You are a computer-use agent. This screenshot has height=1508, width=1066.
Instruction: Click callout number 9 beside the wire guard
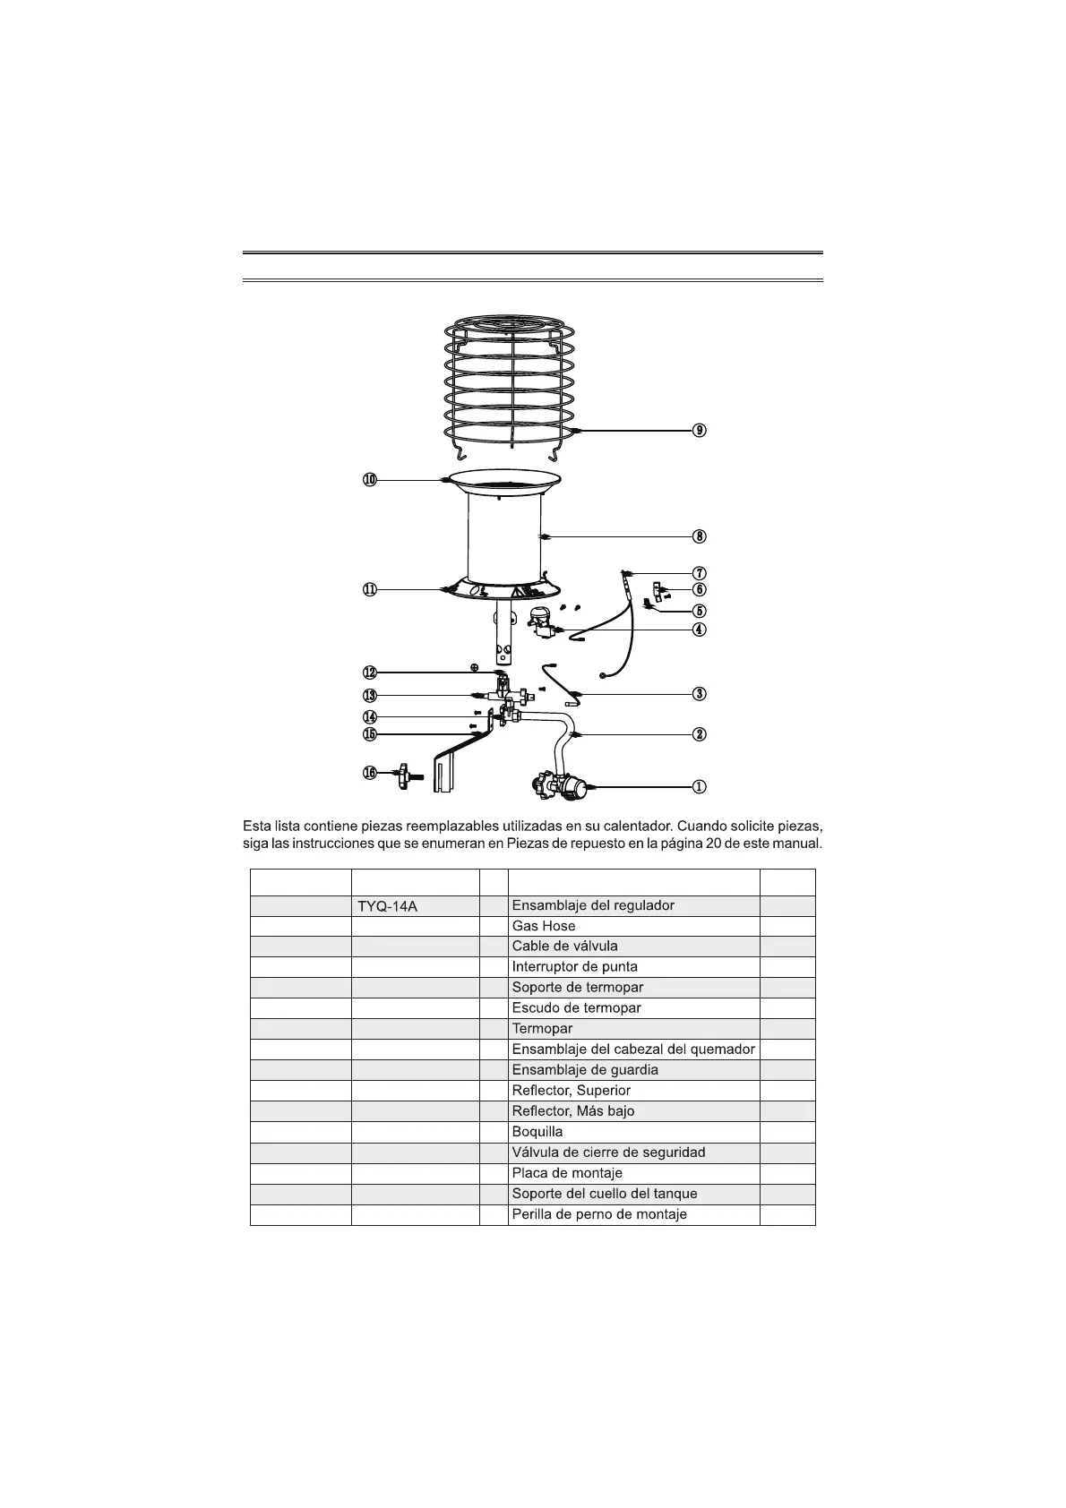click(700, 431)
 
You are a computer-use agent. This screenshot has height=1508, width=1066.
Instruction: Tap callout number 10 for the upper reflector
click(370, 480)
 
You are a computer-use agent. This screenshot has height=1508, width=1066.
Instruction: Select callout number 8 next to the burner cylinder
click(700, 536)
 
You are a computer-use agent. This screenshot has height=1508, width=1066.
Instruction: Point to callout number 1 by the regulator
click(700, 786)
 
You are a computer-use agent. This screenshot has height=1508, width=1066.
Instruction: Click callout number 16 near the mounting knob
click(370, 773)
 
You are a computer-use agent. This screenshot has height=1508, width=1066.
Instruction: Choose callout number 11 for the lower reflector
click(370, 589)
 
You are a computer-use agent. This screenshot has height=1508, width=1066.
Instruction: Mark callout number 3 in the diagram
click(700, 693)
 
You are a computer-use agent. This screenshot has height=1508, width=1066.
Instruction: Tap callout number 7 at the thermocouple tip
click(700, 572)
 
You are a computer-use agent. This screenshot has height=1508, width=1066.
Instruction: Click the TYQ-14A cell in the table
click(387, 906)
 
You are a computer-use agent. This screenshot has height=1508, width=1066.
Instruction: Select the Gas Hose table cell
click(544, 926)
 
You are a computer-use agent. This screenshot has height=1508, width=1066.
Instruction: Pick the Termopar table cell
click(542, 1029)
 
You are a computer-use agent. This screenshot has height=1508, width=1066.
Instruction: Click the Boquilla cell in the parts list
click(537, 1132)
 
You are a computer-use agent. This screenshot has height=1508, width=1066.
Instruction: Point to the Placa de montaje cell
click(567, 1173)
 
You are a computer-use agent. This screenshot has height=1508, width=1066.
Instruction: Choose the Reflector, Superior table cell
click(572, 1091)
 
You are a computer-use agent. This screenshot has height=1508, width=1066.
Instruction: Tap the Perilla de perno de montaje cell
click(599, 1214)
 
